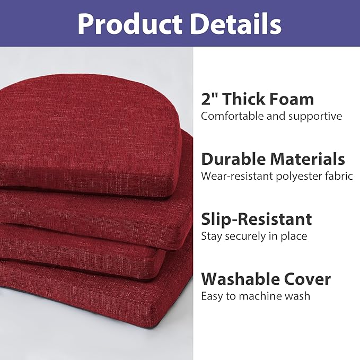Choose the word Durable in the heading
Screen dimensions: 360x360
pos(234,159)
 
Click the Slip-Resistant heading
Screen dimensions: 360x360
pos(256,219)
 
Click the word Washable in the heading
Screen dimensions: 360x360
pos(239,279)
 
